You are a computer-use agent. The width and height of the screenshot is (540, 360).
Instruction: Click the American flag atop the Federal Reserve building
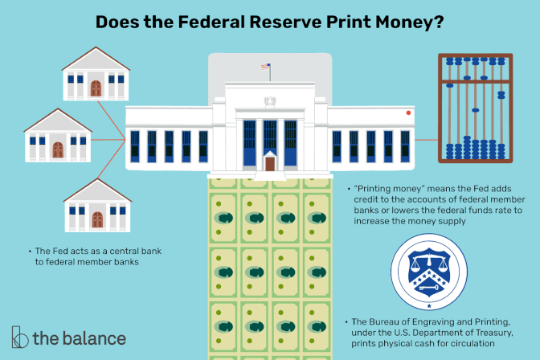click(264, 67)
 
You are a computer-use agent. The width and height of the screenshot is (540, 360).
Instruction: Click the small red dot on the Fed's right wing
click(409, 112)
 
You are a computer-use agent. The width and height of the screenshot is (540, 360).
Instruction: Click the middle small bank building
click(57, 137)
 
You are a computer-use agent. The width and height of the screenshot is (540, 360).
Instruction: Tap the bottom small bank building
click(96, 207)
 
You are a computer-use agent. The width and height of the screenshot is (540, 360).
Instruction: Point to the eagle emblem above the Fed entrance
click(270, 102)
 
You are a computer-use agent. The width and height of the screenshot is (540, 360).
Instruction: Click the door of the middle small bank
click(57, 149)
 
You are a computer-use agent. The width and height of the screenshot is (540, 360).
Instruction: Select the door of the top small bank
click(96, 85)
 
